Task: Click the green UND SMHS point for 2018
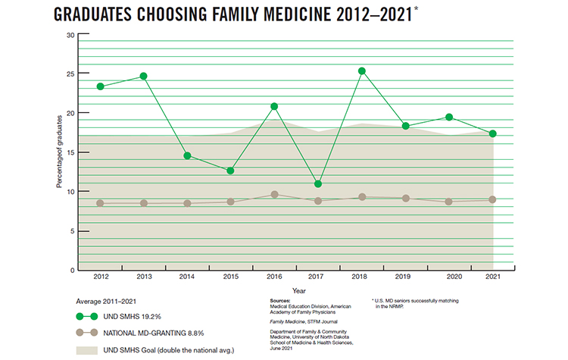(362, 71)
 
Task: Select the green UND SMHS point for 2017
(318, 184)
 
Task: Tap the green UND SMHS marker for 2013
(144, 76)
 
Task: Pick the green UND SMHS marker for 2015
(231, 171)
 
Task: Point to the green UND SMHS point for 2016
(274, 106)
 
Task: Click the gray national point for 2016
(274, 195)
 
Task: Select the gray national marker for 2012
(100, 203)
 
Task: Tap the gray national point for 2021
(493, 199)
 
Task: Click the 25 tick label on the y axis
(70, 74)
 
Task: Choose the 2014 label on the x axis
(187, 277)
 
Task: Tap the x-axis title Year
(299, 290)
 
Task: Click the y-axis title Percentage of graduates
(59, 152)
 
